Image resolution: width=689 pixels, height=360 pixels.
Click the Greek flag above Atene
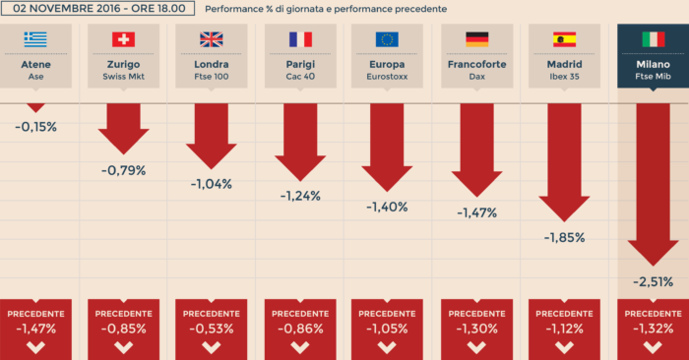coord(35,39)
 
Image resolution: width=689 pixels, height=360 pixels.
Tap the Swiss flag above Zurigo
coord(124,39)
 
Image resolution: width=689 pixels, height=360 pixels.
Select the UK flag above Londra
coord(212,39)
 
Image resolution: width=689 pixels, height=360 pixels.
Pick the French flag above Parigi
coord(300,39)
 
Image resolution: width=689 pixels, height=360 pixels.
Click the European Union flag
coord(388,39)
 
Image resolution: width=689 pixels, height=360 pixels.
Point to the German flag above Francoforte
coord(476,39)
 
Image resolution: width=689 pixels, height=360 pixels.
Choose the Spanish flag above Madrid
coord(564,39)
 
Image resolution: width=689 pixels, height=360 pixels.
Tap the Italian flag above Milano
coord(653,39)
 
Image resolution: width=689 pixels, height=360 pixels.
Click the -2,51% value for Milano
coord(653,281)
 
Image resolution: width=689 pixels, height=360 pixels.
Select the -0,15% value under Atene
coord(35,127)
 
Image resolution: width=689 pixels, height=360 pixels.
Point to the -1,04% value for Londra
coord(212,183)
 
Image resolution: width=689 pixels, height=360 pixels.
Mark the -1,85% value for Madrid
coord(564,237)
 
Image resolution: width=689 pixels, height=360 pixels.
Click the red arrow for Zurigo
coord(124,128)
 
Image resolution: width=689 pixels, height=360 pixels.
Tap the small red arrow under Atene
coord(35,107)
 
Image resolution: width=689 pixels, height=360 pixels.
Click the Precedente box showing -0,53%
coord(212,329)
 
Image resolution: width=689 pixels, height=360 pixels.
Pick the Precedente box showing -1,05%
coord(388,329)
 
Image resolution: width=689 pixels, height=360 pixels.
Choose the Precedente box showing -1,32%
coord(653,329)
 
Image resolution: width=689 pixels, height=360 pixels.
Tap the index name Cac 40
coord(300,76)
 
